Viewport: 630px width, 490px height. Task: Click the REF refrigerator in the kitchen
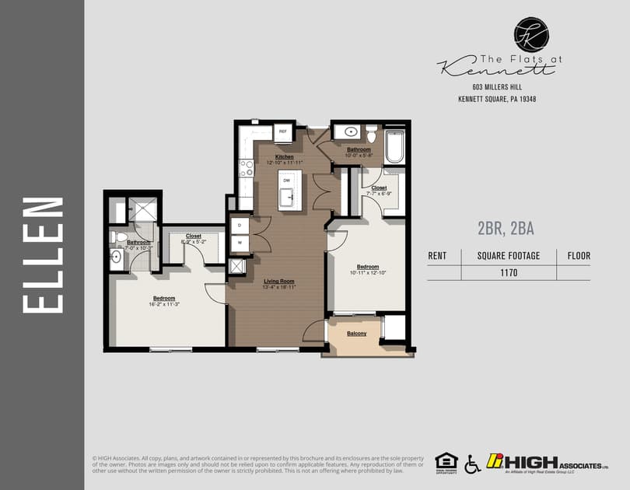coord(282,132)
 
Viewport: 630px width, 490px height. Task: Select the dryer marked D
coord(240,226)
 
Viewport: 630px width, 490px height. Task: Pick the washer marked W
coord(240,242)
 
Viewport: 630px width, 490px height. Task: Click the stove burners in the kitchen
coord(246,167)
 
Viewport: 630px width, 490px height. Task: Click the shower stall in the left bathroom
coord(142,209)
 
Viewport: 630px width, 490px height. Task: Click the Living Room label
coord(279,281)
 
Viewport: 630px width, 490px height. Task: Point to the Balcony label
coord(357,334)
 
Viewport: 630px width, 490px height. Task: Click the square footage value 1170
coord(509,273)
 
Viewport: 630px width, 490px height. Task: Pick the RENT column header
coord(438,255)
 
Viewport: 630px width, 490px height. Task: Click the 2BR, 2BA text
coord(505,229)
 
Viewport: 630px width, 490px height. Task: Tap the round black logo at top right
coord(531,34)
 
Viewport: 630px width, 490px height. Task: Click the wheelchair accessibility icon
coord(472,464)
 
